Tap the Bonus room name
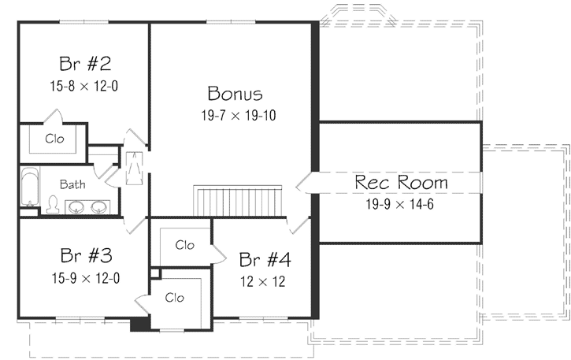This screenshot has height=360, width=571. tap(235, 94)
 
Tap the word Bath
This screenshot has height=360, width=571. tap(72, 185)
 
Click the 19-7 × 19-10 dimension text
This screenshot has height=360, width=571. tap(238, 115)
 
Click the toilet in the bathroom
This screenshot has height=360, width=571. tap(53, 205)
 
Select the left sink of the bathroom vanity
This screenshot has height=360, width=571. tap(77, 208)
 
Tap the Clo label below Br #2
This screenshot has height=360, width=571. tap(54, 139)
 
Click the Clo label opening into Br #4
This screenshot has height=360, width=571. tap(184, 244)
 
